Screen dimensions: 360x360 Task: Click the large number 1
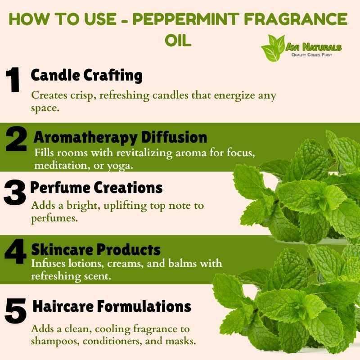(x=13, y=80)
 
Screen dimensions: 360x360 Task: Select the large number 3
(x=15, y=193)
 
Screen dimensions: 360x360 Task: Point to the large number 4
(x=15, y=252)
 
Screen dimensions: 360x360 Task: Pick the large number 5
(x=16, y=311)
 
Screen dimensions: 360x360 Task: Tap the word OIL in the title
(x=178, y=40)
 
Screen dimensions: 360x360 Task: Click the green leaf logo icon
(x=273, y=48)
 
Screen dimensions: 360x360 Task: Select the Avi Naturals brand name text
(x=313, y=47)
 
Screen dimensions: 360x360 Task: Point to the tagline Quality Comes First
(x=311, y=55)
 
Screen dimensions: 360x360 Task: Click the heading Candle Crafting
(x=86, y=75)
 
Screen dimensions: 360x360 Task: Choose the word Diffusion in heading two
(x=174, y=137)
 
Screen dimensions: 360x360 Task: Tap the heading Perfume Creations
(x=96, y=188)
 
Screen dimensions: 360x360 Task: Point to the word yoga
(x=120, y=166)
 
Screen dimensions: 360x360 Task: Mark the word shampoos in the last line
(x=55, y=342)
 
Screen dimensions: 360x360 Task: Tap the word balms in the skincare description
(x=183, y=263)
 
